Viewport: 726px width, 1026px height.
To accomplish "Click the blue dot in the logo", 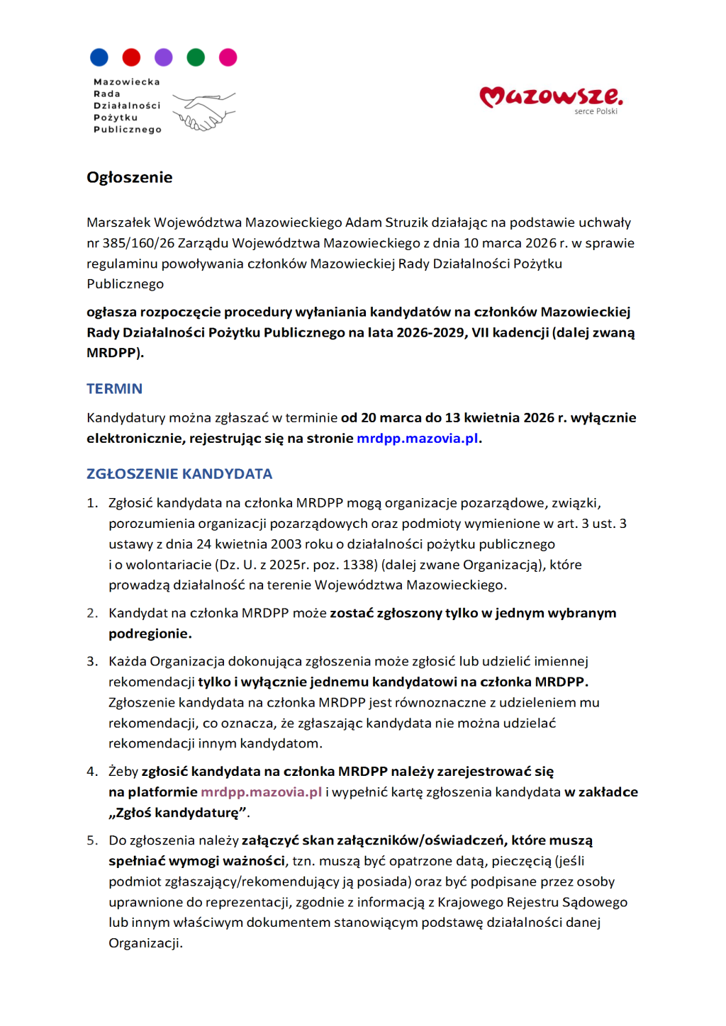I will pyautogui.click(x=99, y=57).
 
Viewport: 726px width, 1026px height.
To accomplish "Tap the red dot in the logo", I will pyautogui.click(x=131, y=57).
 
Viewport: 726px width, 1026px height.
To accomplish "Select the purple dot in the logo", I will pyautogui.click(x=164, y=57).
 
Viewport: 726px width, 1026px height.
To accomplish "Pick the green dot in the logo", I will pyautogui.click(x=196, y=57).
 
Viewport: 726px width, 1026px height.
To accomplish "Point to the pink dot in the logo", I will pyautogui.click(x=228, y=57).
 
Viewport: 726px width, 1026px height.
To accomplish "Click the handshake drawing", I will pyautogui.click(x=203, y=112).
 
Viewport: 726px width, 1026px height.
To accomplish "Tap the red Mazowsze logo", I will pyautogui.click(x=551, y=96).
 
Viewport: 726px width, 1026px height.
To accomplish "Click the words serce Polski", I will pyautogui.click(x=596, y=112).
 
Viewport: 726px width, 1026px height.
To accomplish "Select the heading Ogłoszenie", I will pyautogui.click(x=130, y=177).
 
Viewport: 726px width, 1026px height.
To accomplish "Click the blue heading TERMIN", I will pyautogui.click(x=114, y=388).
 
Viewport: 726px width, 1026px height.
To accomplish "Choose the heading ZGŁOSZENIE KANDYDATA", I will pyautogui.click(x=179, y=473).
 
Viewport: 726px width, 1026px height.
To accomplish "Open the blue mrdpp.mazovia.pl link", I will pyautogui.click(x=417, y=438).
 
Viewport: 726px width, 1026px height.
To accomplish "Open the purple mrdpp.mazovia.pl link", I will pyautogui.click(x=261, y=791).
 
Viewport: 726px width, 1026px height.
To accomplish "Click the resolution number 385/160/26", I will pyautogui.click(x=138, y=243).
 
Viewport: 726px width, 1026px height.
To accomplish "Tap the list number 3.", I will pyautogui.click(x=91, y=661).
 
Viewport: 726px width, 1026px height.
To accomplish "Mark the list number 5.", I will pyautogui.click(x=91, y=840).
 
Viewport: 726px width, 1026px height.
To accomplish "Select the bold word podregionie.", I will pyautogui.click(x=149, y=633).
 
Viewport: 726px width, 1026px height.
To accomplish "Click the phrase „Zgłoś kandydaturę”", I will pyautogui.click(x=177, y=813).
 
